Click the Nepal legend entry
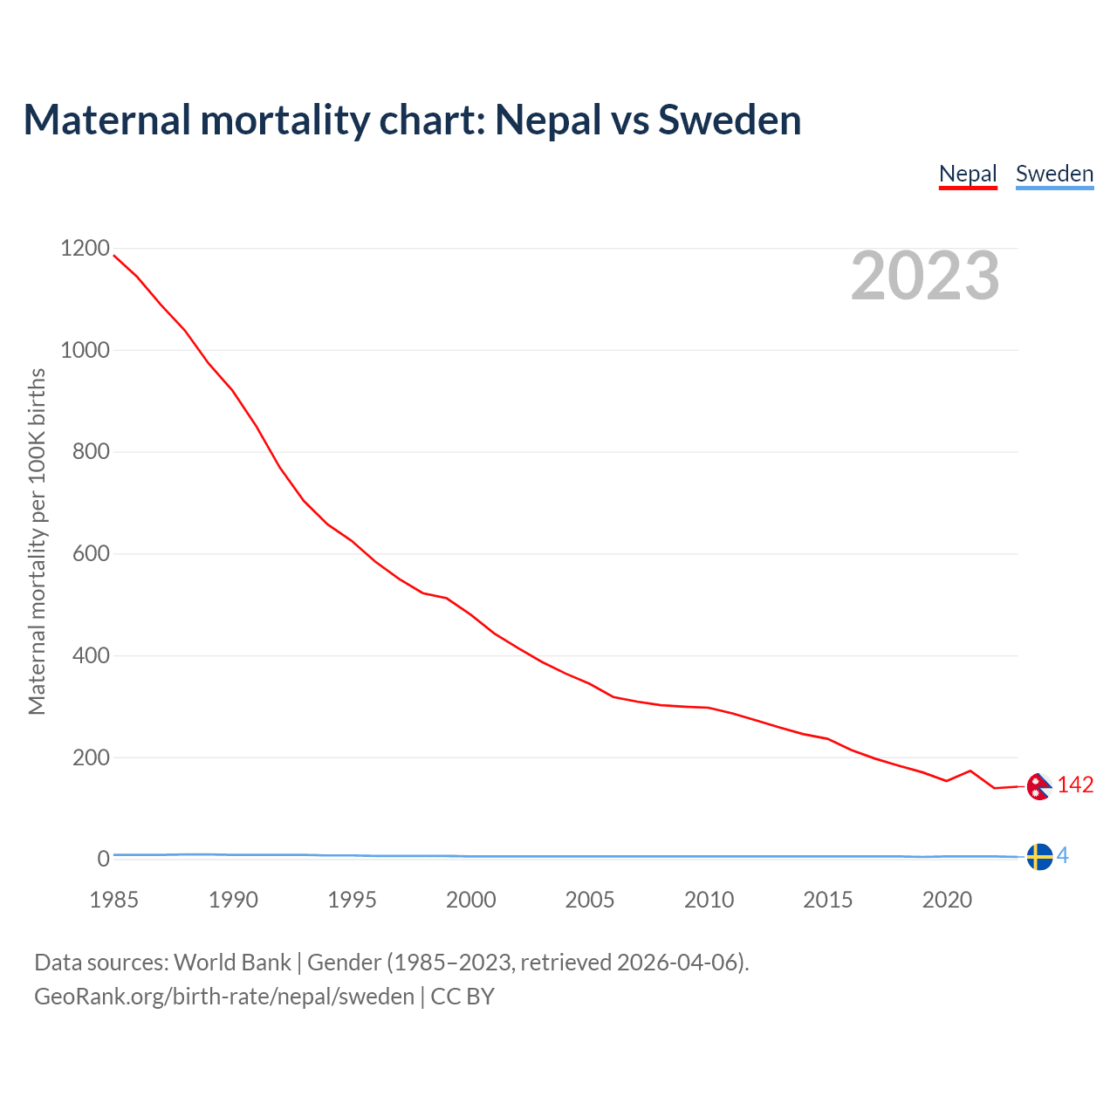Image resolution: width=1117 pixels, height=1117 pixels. [x=968, y=174]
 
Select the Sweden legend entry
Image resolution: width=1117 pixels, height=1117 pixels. [x=1054, y=174]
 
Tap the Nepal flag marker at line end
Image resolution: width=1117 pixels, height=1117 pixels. [x=1038, y=786]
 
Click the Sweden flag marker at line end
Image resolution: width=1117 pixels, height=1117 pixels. [x=1038, y=857]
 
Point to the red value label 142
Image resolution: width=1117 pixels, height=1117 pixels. [x=1075, y=785]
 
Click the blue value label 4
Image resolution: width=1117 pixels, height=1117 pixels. [x=1062, y=856]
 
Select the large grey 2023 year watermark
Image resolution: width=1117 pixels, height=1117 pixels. [x=925, y=276]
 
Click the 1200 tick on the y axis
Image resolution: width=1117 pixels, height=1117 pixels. [x=86, y=249]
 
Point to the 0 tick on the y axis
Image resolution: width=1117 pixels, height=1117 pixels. [x=104, y=860]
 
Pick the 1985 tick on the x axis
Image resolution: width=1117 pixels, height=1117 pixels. [x=114, y=900]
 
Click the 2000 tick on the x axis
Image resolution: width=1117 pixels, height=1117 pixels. [x=471, y=900]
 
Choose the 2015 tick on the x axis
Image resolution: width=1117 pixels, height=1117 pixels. [x=828, y=900]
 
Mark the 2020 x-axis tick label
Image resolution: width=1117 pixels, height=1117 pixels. [x=947, y=900]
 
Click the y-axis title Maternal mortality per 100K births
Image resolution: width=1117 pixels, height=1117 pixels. [x=37, y=541]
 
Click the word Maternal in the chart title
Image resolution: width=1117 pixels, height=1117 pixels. [x=106, y=120]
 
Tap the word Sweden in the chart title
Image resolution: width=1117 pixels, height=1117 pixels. [x=730, y=120]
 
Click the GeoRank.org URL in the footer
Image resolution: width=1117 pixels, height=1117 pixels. [x=224, y=997]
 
